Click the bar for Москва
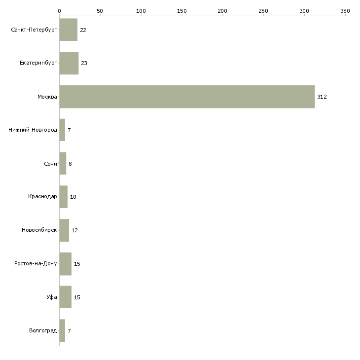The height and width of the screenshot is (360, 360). pyautogui.click(x=187, y=97)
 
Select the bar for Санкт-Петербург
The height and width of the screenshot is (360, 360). pyautogui.click(x=69, y=30)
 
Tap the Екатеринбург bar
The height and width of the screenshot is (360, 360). pyautogui.click(x=69, y=63)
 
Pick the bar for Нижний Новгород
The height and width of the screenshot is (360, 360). pyautogui.click(x=62, y=130)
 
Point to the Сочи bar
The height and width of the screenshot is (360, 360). pyautogui.click(x=63, y=163)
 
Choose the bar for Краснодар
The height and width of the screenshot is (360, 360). pyautogui.click(x=63, y=197)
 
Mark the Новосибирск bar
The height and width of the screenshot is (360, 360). pyautogui.click(x=64, y=230)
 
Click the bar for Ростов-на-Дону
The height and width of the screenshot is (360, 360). pyautogui.click(x=66, y=264)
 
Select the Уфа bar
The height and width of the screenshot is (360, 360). pyautogui.click(x=66, y=297)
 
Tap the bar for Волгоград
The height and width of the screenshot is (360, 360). pyautogui.click(x=62, y=330)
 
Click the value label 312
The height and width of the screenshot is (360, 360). pyautogui.click(x=322, y=97)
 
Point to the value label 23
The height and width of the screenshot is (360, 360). pyautogui.click(x=84, y=63)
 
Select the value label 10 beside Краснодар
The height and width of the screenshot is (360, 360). pyautogui.click(x=73, y=197)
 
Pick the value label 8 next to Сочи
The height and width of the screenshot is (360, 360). pyautogui.click(x=70, y=164)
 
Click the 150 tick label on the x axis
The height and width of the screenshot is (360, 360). pyautogui.click(x=182, y=11)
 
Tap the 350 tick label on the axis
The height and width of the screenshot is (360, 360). pyautogui.click(x=345, y=11)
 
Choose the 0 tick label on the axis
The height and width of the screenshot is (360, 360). pyautogui.click(x=60, y=11)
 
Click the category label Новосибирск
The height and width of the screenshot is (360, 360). pyautogui.click(x=39, y=230)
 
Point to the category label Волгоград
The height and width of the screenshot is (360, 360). pyautogui.click(x=43, y=330)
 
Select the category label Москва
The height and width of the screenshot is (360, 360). pyautogui.click(x=47, y=97)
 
